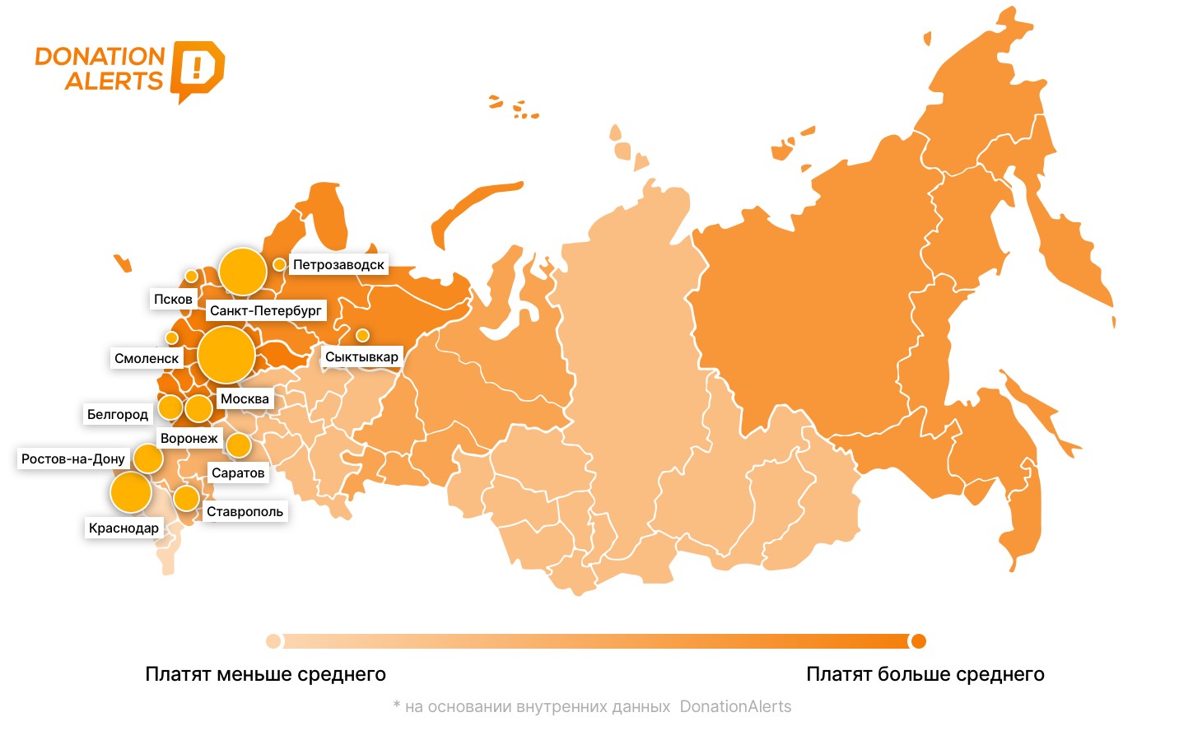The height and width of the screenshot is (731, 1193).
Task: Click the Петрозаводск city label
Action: [x=338, y=265]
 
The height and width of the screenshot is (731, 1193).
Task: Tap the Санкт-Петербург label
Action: [x=265, y=310]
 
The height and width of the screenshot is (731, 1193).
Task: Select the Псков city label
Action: [x=173, y=299]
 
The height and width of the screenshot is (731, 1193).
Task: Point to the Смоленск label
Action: [x=147, y=358]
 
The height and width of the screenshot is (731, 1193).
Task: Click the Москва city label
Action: [x=245, y=399]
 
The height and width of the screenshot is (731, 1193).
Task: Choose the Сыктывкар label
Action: [x=361, y=356]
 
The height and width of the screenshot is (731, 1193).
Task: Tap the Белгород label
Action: [x=118, y=414]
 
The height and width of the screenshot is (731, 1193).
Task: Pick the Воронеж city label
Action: [x=189, y=438]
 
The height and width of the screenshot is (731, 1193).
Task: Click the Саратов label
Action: [x=238, y=473]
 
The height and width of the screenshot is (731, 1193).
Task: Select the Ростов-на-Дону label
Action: [x=73, y=459]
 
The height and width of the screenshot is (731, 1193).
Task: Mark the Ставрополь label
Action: [x=245, y=511]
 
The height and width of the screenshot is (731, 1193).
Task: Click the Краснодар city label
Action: [x=123, y=528]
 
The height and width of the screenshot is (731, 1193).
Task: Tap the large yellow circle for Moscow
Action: [x=226, y=355]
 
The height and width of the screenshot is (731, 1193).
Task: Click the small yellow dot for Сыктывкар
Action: [x=362, y=335]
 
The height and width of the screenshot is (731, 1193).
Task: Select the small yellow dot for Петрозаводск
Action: [x=280, y=264]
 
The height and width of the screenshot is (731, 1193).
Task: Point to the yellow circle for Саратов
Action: [x=239, y=445]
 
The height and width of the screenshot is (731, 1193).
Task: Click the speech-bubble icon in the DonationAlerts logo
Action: [x=197, y=69]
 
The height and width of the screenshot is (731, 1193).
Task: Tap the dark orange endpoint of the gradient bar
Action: [x=918, y=641]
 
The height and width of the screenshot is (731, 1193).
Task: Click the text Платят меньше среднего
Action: [x=265, y=674]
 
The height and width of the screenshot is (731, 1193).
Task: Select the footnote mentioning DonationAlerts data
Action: [x=592, y=706]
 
